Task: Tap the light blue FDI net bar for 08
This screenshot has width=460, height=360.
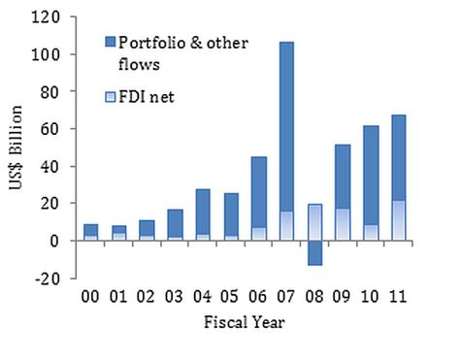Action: [x=314, y=222]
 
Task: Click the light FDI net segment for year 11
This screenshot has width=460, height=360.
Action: [x=398, y=220]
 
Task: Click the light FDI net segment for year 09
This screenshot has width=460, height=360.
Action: [x=343, y=224]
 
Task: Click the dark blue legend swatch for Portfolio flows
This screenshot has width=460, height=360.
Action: [x=111, y=41]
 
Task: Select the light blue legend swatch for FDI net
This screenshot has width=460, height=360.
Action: [x=111, y=96]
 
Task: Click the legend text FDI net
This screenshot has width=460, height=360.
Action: [x=146, y=96]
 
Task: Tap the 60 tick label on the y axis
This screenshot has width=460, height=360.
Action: [x=58, y=129]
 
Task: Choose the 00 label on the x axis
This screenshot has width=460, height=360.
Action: [x=90, y=294]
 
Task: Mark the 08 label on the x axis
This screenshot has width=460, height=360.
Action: [x=314, y=294]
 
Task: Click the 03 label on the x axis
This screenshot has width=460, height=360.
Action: [x=175, y=294]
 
